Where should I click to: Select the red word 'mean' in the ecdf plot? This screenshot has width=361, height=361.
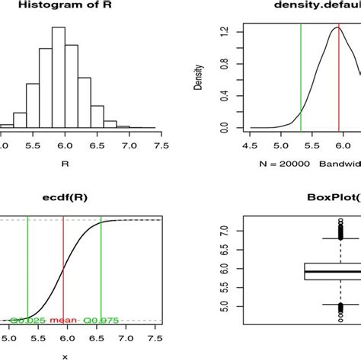(63, 321)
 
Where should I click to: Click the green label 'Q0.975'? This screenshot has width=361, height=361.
(101, 321)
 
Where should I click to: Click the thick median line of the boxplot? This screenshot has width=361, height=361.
(320, 270)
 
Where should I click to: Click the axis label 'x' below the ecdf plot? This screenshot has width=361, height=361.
(64, 356)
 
